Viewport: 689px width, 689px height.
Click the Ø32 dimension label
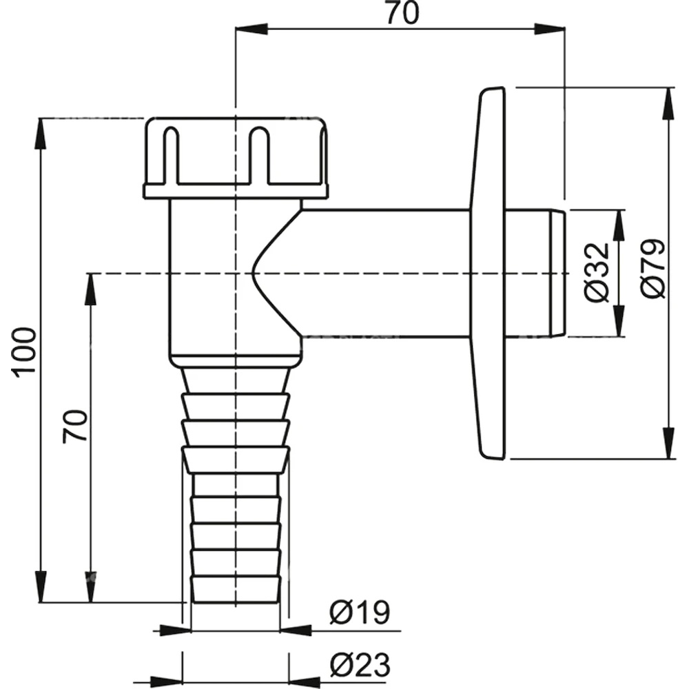[597, 271]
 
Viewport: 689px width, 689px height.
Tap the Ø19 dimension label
[359, 612]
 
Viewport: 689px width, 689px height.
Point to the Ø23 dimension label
[359, 665]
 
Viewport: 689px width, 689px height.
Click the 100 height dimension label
[25, 351]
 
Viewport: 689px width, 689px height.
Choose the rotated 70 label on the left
[76, 426]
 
